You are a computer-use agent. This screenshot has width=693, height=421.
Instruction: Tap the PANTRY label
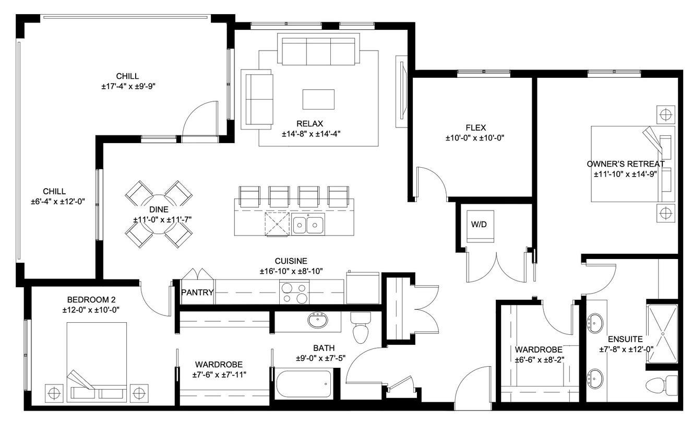(x=197, y=293)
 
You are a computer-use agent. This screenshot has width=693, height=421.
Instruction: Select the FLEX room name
(x=475, y=127)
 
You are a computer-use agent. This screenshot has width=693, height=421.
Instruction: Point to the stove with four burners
(x=294, y=293)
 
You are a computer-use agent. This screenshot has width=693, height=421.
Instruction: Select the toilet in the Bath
(x=360, y=329)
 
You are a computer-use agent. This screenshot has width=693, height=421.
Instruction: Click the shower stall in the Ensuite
(x=663, y=333)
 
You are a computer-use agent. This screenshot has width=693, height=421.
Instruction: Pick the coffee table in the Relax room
(x=318, y=99)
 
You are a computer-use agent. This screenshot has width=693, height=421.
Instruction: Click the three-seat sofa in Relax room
(x=318, y=50)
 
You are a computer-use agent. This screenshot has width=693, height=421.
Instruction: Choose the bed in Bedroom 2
(x=97, y=360)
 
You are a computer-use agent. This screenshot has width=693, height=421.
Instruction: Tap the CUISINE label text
(x=291, y=261)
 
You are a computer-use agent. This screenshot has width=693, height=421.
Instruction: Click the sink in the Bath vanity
(x=317, y=319)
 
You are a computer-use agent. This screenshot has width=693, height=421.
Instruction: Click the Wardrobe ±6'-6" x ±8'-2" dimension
(x=539, y=359)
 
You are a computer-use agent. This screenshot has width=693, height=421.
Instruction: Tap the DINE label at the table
(x=159, y=209)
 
